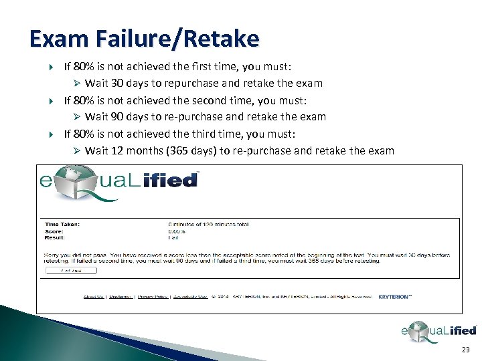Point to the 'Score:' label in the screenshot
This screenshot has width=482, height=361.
pyautogui.click(x=53, y=231)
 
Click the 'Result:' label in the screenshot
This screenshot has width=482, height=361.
pyautogui.click(x=54, y=237)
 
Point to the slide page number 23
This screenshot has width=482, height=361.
pyautogui.click(x=466, y=350)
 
